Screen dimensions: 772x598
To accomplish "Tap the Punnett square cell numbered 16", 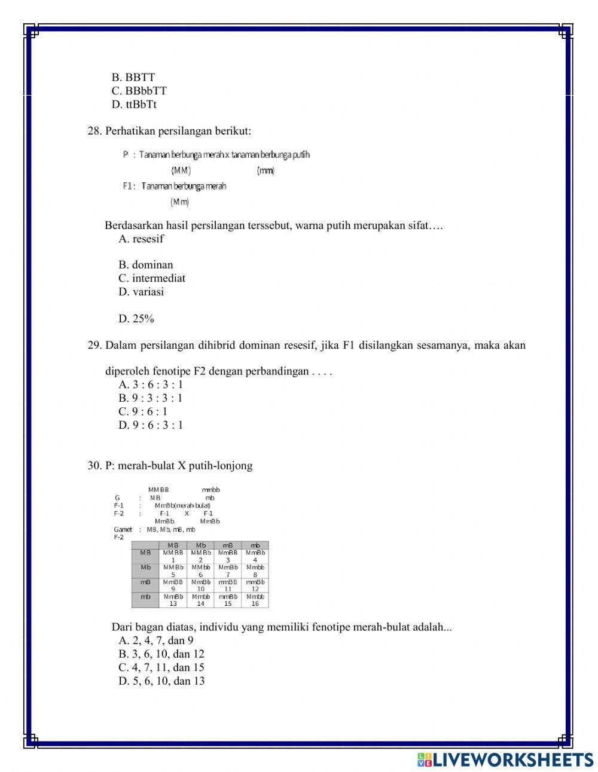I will click(x=255, y=600).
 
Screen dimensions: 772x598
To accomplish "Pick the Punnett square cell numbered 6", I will click(x=201, y=571).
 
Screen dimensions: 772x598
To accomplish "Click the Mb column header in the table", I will click(x=201, y=545).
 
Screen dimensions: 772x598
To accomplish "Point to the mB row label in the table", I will click(x=145, y=582).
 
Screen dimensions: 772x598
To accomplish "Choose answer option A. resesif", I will click(x=141, y=239).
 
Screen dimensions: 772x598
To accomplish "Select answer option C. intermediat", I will click(x=152, y=278).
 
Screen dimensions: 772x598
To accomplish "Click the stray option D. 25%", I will click(x=136, y=319).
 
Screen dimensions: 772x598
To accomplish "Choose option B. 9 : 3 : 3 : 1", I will click(x=151, y=398).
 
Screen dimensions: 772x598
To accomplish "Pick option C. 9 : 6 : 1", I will click(x=143, y=411).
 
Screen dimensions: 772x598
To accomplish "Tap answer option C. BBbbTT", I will click(x=139, y=91).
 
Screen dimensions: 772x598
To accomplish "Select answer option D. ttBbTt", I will click(x=134, y=105).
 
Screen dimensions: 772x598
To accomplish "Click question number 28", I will click(x=94, y=131).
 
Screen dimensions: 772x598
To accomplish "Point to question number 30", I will click(x=94, y=466).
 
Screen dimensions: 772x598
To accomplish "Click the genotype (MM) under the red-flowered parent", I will click(x=181, y=170).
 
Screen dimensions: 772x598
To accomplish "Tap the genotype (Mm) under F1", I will click(x=179, y=202).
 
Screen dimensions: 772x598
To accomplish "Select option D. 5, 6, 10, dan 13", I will click(x=161, y=681).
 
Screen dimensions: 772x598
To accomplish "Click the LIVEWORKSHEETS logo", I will click(x=505, y=759).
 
